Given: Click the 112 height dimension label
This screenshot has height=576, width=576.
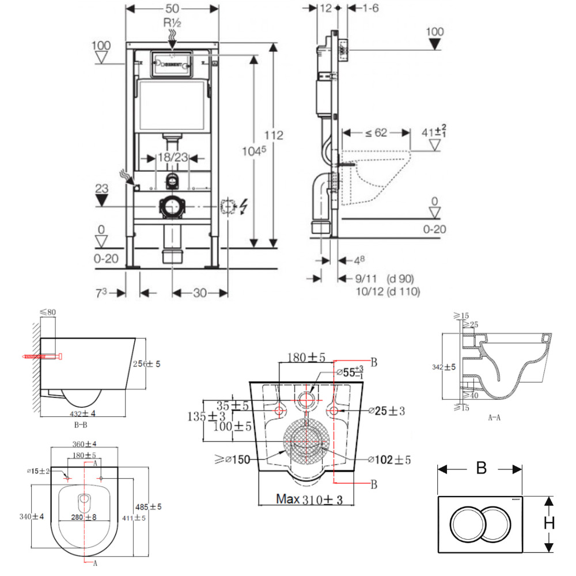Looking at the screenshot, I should (275, 135).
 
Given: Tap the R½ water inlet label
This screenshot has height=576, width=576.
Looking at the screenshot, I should (172, 23).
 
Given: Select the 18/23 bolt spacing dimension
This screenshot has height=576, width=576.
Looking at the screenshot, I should (172, 157).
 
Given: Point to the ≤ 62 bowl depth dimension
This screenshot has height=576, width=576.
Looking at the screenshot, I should (376, 133).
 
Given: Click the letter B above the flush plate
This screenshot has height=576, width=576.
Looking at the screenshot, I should (481, 468).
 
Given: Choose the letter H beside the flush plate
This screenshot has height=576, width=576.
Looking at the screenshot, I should (550, 523).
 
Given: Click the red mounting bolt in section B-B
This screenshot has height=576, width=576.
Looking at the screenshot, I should (41, 357).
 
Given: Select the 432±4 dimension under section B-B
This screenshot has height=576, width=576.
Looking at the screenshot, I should (82, 413).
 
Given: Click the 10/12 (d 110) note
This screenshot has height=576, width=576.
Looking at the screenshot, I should (387, 291).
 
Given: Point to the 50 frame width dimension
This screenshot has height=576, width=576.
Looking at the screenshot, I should (172, 9).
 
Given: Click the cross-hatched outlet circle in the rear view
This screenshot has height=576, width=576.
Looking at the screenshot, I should (306, 442).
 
